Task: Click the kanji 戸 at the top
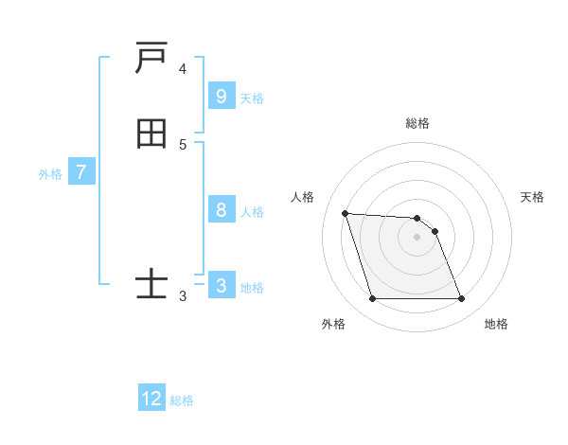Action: (x=151, y=60)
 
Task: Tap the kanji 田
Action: (x=151, y=134)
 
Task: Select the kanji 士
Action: (x=151, y=284)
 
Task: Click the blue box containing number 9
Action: (x=221, y=96)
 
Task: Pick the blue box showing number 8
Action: (x=221, y=210)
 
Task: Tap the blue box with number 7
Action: (x=81, y=172)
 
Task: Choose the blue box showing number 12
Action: (x=151, y=399)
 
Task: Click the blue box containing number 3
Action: (x=221, y=286)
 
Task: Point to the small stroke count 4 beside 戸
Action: (x=183, y=69)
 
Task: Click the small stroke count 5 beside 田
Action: (x=183, y=144)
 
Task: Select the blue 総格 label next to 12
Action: (x=182, y=400)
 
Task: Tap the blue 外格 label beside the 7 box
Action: (x=50, y=174)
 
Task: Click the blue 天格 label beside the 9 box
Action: (x=252, y=98)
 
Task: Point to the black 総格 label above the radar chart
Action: (x=417, y=123)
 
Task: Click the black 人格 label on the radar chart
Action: (x=303, y=197)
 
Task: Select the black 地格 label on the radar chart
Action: (x=496, y=324)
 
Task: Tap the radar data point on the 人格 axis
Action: (x=345, y=213)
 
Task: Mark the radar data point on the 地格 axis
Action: (x=461, y=299)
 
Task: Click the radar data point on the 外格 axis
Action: (x=372, y=299)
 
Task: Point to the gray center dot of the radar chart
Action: (x=417, y=237)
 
